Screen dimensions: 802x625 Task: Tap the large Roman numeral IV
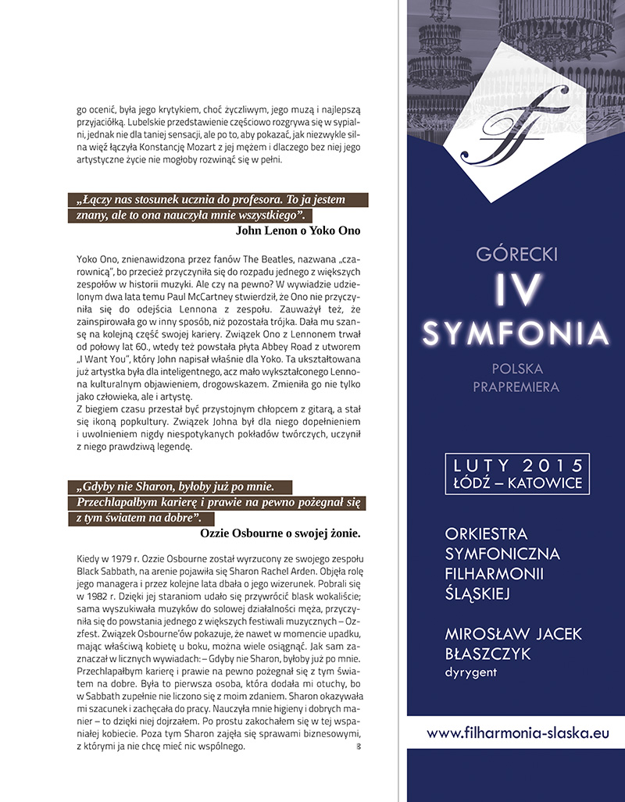pyautogui.click(x=516, y=291)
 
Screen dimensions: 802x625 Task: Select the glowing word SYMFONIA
pyautogui.click(x=516, y=333)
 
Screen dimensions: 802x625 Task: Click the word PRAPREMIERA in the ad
pyautogui.click(x=516, y=387)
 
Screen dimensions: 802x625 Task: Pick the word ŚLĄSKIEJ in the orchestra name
pyautogui.click(x=477, y=594)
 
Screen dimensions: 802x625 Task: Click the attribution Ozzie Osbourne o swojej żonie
pyautogui.click(x=280, y=533)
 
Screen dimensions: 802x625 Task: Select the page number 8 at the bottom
pyautogui.click(x=358, y=747)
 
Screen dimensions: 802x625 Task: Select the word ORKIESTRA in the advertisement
pyautogui.click(x=486, y=534)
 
